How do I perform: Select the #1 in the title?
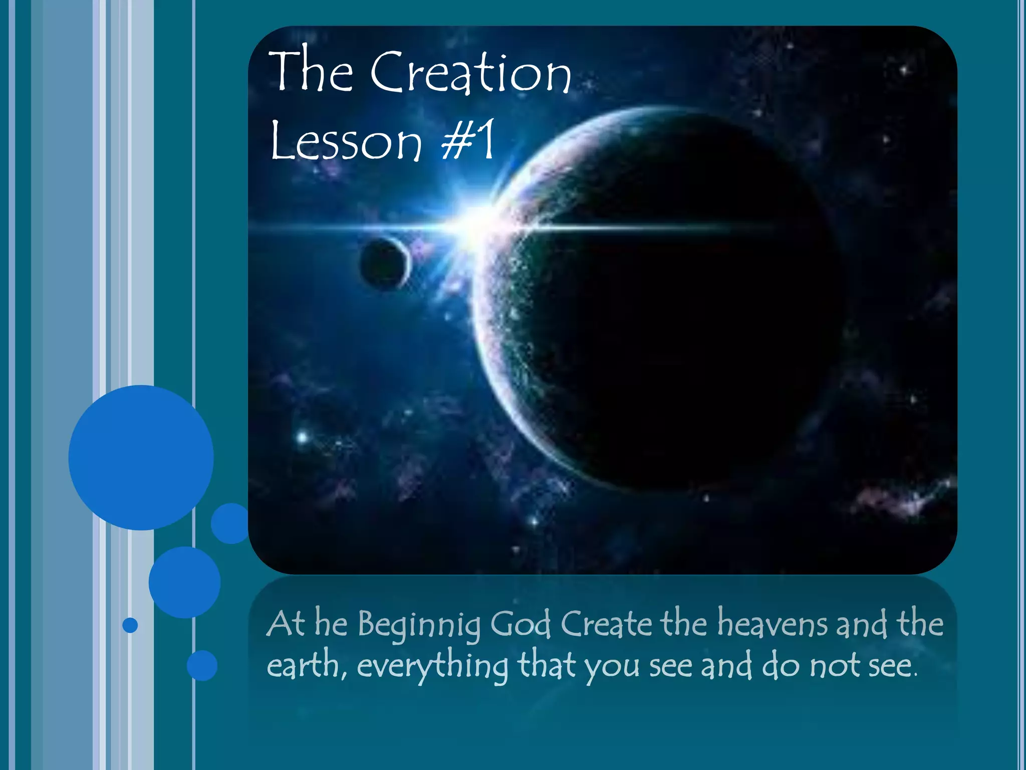click(x=468, y=140)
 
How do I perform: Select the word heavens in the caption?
click(x=772, y=624)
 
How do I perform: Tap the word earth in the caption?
click(x=303, y=665)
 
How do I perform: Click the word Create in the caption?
click(x=606, y=624)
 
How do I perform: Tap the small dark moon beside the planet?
click(x=385, y=263)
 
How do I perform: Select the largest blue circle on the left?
click(x=141, y=457)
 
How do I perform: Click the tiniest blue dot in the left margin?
click(x=130, y=625)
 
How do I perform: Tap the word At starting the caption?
click(x=286, y=624)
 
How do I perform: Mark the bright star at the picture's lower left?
click(x=302, y=438)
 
